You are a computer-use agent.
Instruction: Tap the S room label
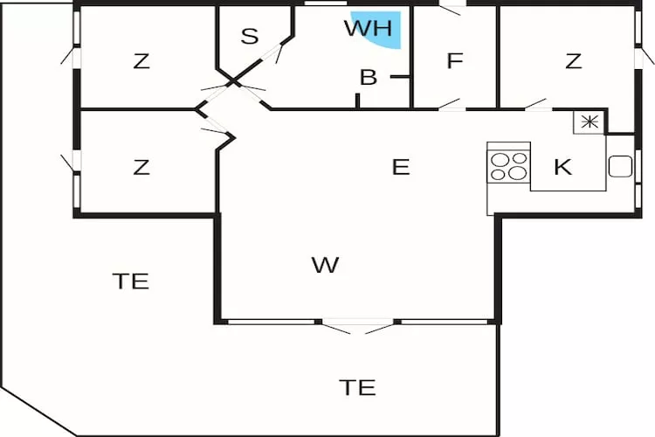click(250, 37)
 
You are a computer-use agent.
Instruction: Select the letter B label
click(369, 78)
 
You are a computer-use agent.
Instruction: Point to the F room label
click(453, 61)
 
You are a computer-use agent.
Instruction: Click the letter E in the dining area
click(400, 167)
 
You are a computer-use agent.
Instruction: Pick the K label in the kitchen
click(563, 167)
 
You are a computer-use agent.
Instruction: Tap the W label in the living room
click(325, 264)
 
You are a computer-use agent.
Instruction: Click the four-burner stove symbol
click(509, 165)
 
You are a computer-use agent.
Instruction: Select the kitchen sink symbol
click(620, 166)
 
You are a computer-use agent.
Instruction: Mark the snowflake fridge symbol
click(589, 122)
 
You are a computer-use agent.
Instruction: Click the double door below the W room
click(358, 326)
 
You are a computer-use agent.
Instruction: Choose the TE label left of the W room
click(130, 281)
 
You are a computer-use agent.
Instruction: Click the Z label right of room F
click(573, 61)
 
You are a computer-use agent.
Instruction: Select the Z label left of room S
click(141, 61)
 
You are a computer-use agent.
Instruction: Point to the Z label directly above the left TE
click(141, 167)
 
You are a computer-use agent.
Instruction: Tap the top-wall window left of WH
click(326, 4)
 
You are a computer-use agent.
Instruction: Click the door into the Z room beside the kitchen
click(534, 108)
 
